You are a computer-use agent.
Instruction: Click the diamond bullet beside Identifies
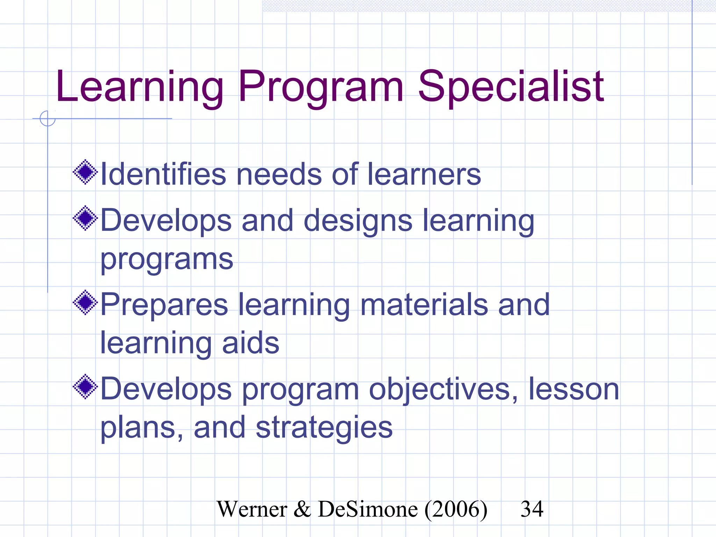coord(85,172)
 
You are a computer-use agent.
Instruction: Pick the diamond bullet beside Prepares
coord(85,302)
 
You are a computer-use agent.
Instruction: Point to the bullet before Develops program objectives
coord(85,387)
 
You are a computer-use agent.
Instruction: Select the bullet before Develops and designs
coord(85,218)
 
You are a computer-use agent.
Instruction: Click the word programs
coord(167,259)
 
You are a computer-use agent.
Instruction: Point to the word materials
coord(424,305)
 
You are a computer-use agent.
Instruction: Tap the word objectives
coord(443,389)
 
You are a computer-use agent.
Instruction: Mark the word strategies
coord(324,428)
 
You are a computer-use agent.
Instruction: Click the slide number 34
coord(532,509)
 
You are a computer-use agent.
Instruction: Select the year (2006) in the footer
coord(456,509)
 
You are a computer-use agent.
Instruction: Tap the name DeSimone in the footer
coord(368,509)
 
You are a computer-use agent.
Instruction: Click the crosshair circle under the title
coord(48,119)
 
